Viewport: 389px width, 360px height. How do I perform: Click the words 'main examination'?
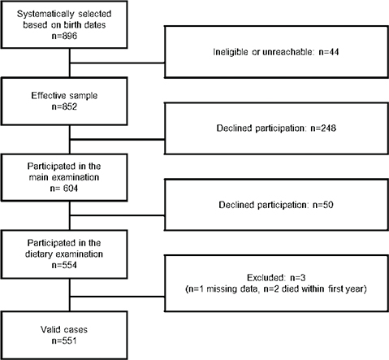click(50, 175)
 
